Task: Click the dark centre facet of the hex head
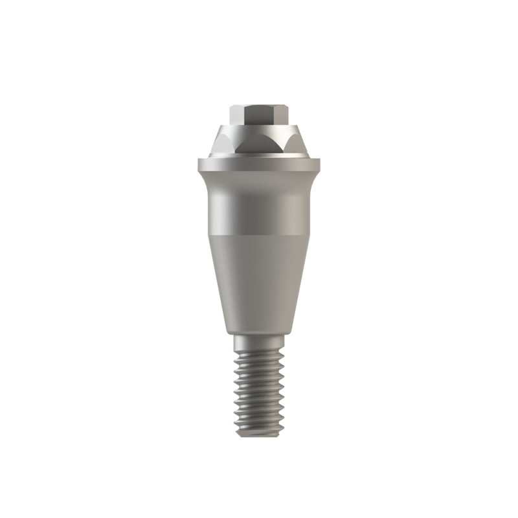pos(259,118)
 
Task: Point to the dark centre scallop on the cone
pos(259,144)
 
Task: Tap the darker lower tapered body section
pos(259,278)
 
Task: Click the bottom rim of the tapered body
pos(259,332)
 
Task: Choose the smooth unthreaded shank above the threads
pos(259,342)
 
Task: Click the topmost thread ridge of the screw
pos(259,354)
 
